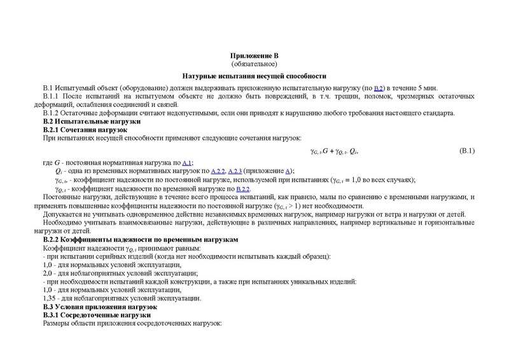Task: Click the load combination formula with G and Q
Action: (334, 151)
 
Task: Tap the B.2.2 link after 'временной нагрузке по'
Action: (242, 189)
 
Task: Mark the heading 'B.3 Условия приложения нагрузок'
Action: (99, 307)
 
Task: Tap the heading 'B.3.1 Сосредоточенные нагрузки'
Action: (96, 315)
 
